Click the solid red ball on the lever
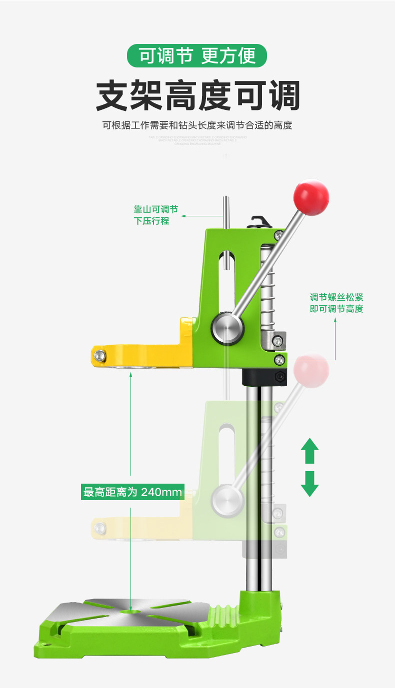(x=311, y=197)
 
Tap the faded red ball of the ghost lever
(x=311, y=371)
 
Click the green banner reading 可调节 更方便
(x=197, y=55)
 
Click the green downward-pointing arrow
(x=309, y=483)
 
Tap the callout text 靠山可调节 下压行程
(x=155, y=215)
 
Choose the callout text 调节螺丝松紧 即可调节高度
(x=336, y=303)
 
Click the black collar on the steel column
(x=264, y=377)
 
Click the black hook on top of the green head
(x=260, y=221)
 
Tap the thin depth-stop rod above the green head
(x=226, y=212)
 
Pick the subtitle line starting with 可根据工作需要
(x=197, y=125)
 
